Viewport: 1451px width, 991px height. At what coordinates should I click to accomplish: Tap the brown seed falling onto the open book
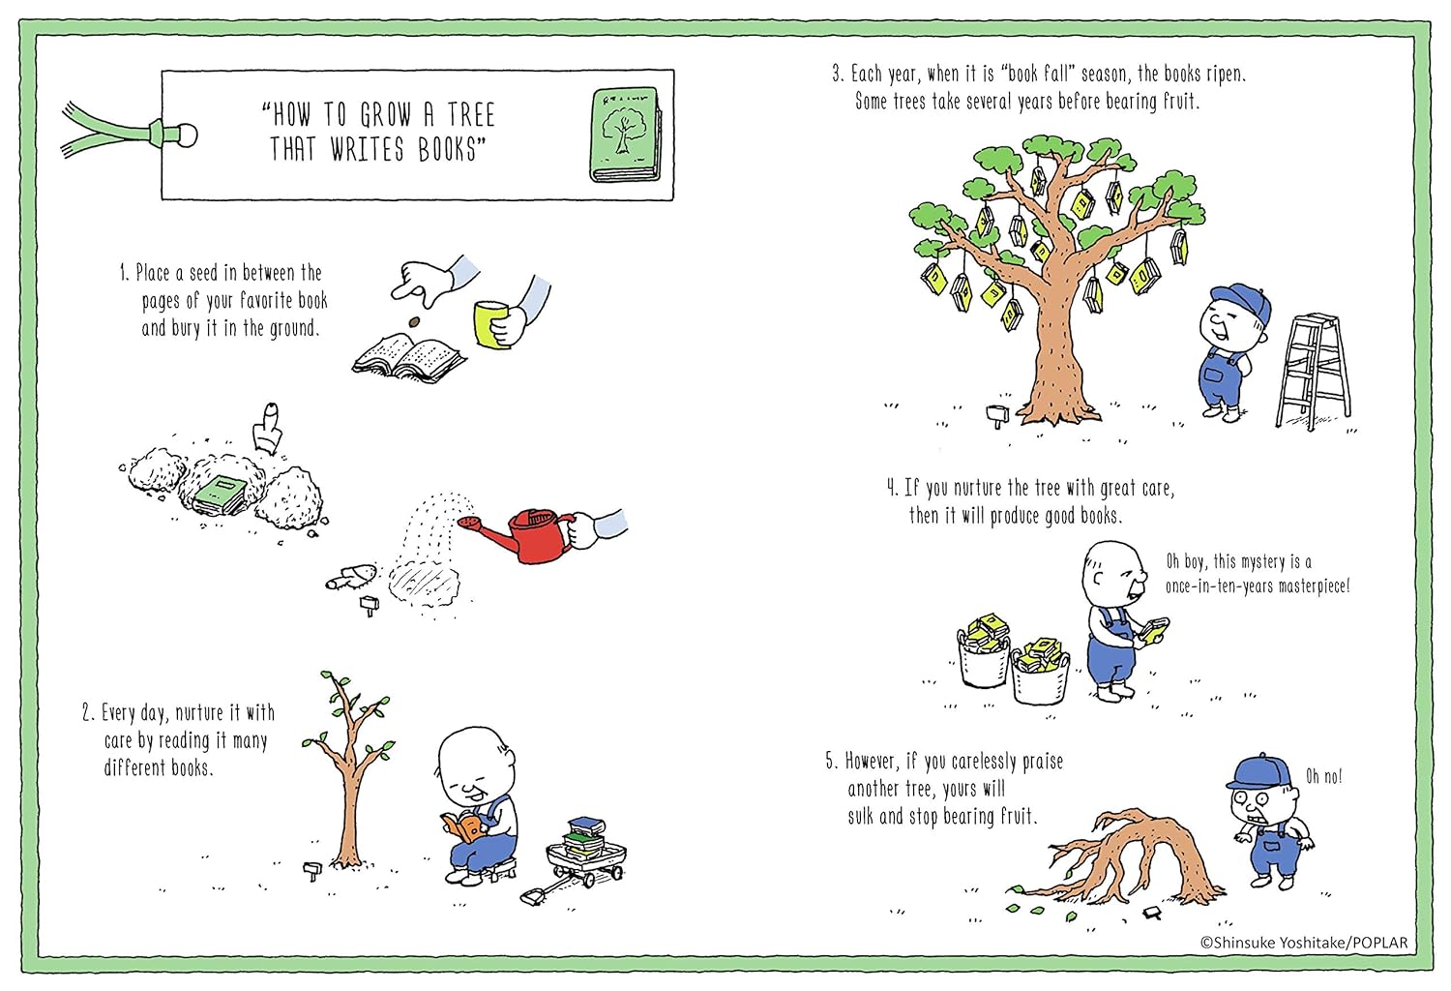(413, 321)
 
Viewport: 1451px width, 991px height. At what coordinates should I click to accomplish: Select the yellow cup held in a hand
(491, 324)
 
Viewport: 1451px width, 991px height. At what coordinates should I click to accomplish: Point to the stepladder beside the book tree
(1313, 372)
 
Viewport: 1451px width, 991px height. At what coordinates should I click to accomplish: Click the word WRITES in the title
(368, 150)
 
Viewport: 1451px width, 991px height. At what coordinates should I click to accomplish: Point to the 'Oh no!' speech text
(1323, 776)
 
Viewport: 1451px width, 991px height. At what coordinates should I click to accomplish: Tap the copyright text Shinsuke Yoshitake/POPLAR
(1303, 943)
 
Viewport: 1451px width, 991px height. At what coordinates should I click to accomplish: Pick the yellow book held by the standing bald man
(1154, 630)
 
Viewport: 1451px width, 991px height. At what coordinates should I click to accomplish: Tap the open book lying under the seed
(408, 356)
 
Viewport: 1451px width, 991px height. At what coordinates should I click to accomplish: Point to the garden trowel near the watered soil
(350, 576)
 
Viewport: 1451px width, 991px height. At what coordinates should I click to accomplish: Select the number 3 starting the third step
(837, 74)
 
